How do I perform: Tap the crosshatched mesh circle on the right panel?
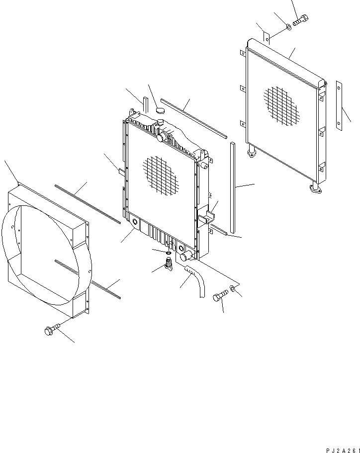(x=281, y=105)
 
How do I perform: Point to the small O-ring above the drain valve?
(x=169, y=254)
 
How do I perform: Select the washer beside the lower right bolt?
(x=233, y=289)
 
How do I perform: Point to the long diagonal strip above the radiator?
(x=194, y=118)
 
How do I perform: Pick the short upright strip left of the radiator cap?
(x=145, y=106)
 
